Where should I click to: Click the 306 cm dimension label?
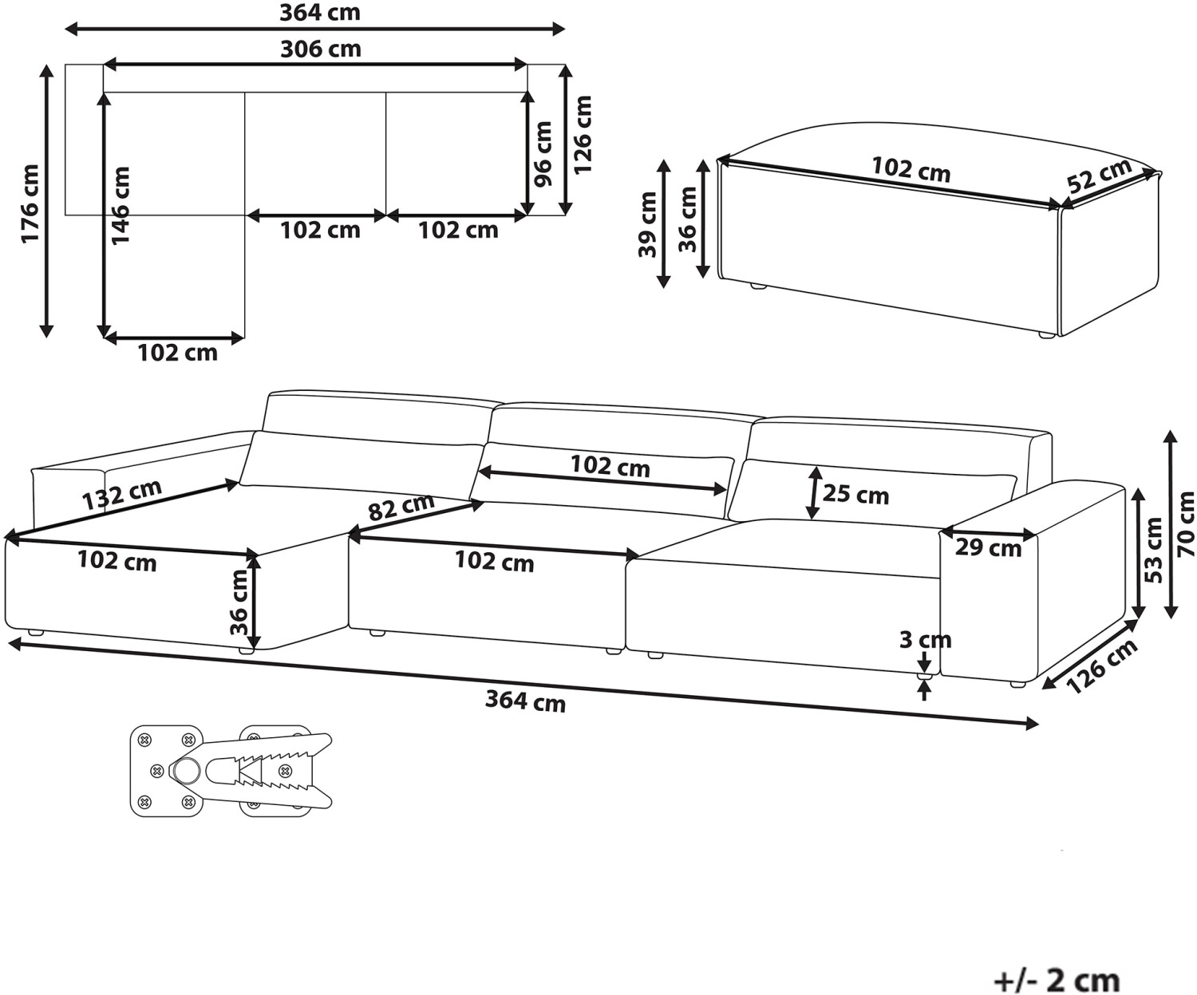(x=321, y=49)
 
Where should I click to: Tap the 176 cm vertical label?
(x=30, y=203)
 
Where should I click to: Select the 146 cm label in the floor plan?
(x=121, y=206)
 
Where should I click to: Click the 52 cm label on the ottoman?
(x=1100, y=176)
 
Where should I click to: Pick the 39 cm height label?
(x=647, y=224)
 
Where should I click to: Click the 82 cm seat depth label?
(x=401, y=507)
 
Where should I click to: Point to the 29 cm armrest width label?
(x=989, y=548)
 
